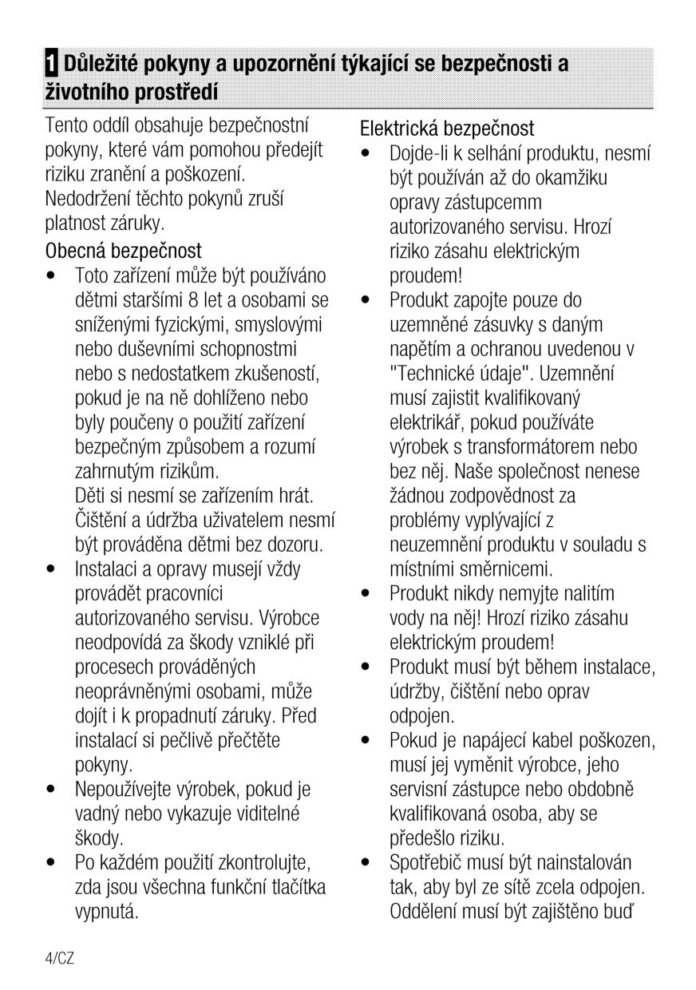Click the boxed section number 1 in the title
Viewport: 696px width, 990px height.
pyautogui.click(x=51, y=64)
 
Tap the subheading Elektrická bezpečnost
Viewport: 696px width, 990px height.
pyautogui.click(x=447, y=128)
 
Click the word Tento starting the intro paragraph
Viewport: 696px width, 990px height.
pyautogui.click(x=69, y=125)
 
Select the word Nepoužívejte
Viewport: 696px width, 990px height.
pyautogui.click(x=128, y=790)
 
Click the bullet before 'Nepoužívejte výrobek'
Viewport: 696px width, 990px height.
pyautogui.click(x=51, y=790)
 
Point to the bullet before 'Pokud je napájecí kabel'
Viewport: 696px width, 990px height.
pyautogui.click(x=365, y=742)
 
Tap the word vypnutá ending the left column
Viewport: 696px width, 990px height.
pyautogui.click(x=106, y=912)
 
